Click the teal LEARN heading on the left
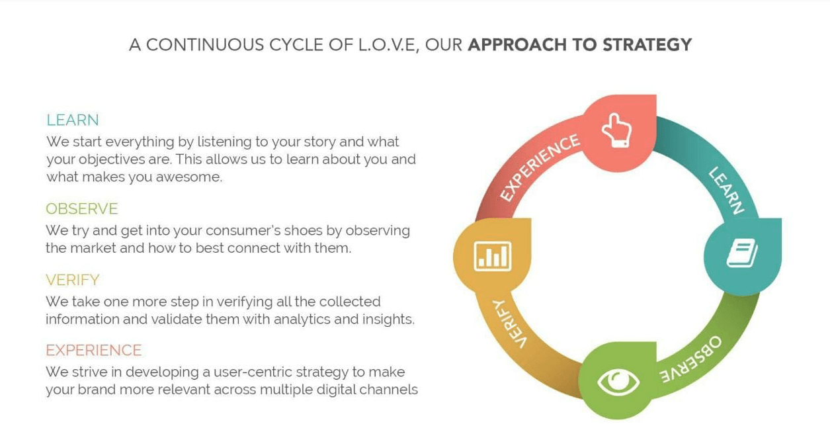click(72, 120)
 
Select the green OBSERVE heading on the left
click(81, 209)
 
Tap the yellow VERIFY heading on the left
click(72, 280)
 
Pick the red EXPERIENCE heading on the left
click(93, 350)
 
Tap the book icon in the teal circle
click(742, 253)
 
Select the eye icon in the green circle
click(618, 381)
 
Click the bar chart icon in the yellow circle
click(492, 255)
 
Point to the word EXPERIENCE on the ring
click(539, 167)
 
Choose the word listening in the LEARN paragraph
click(225, 142)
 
